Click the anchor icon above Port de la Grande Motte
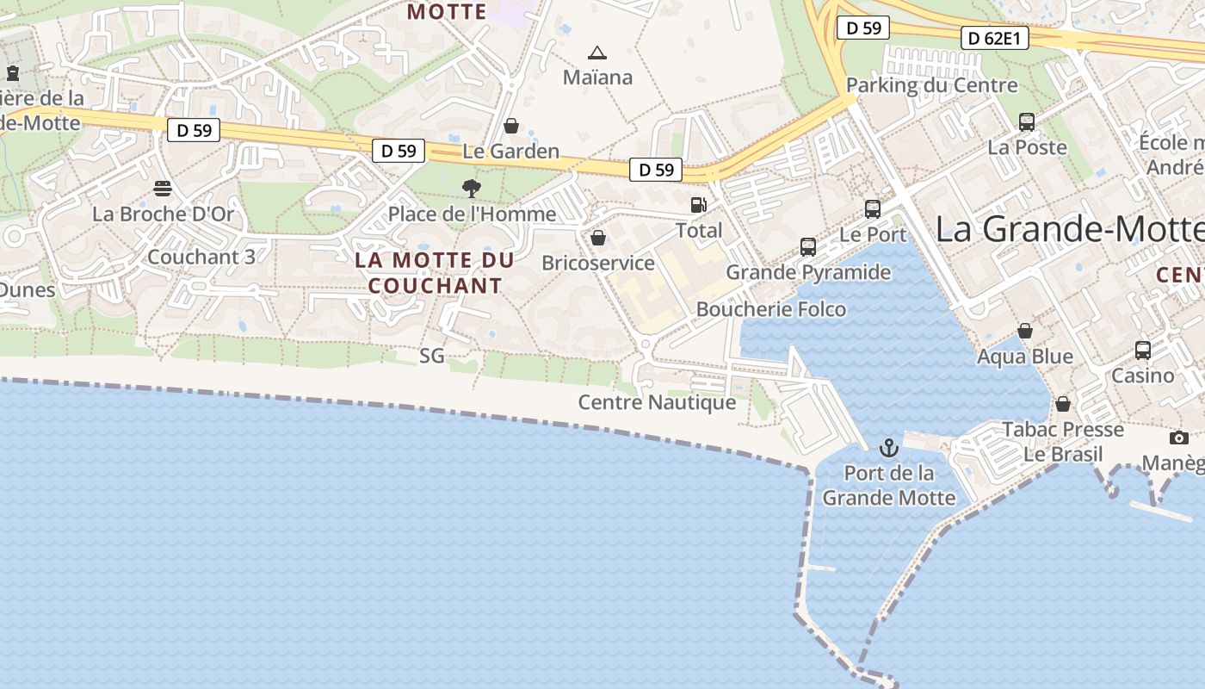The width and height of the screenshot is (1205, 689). [888, 448]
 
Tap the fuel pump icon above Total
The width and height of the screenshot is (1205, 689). [698, 205]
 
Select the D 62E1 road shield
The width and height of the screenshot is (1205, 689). [994, 38]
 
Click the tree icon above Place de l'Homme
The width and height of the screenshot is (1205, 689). [471, 188]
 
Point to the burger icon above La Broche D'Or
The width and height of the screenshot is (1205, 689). [163, 188]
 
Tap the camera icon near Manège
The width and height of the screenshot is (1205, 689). [1179, 438]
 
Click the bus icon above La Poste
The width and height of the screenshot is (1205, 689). [1027, 122]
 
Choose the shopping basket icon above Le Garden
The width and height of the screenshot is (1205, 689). [511, 126]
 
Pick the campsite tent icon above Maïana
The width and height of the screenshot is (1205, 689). [597, 53]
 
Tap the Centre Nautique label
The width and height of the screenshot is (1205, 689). [657, 402]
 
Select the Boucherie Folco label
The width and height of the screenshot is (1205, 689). [771, 309]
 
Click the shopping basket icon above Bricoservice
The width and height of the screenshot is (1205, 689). [598, 238]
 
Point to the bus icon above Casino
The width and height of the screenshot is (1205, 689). [1143, 351]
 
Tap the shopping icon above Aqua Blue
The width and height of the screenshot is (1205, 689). [1025, 331]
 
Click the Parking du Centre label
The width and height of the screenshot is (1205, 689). [932, 85]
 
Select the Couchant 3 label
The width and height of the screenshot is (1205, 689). [201, 257]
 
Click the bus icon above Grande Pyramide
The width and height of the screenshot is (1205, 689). [807, 247]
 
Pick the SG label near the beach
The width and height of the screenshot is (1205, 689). [432, 355]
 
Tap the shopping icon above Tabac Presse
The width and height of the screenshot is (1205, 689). [1063, 404]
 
